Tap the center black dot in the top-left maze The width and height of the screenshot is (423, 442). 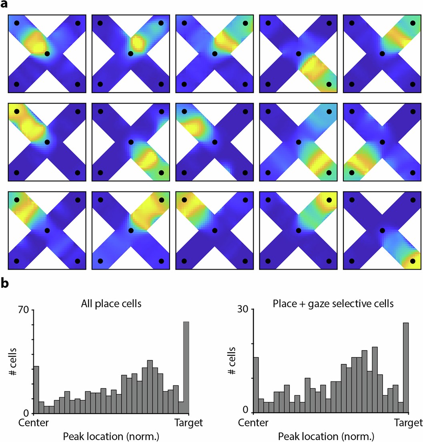47,53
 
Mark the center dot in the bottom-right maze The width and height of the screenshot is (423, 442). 383,230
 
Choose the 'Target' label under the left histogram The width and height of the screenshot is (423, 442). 189,423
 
